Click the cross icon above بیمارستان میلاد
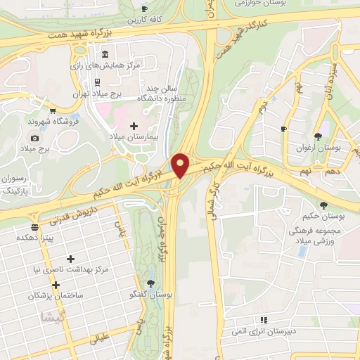134,125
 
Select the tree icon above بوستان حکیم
324,205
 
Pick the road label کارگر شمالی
212,200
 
